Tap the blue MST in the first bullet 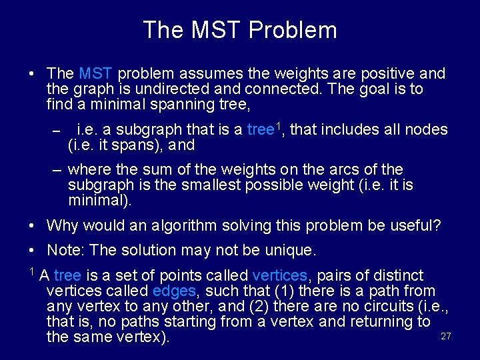93,74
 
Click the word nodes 427,130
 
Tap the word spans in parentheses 135,145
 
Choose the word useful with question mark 414,226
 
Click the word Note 65,251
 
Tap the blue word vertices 280,276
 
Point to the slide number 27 446,337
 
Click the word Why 62,226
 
